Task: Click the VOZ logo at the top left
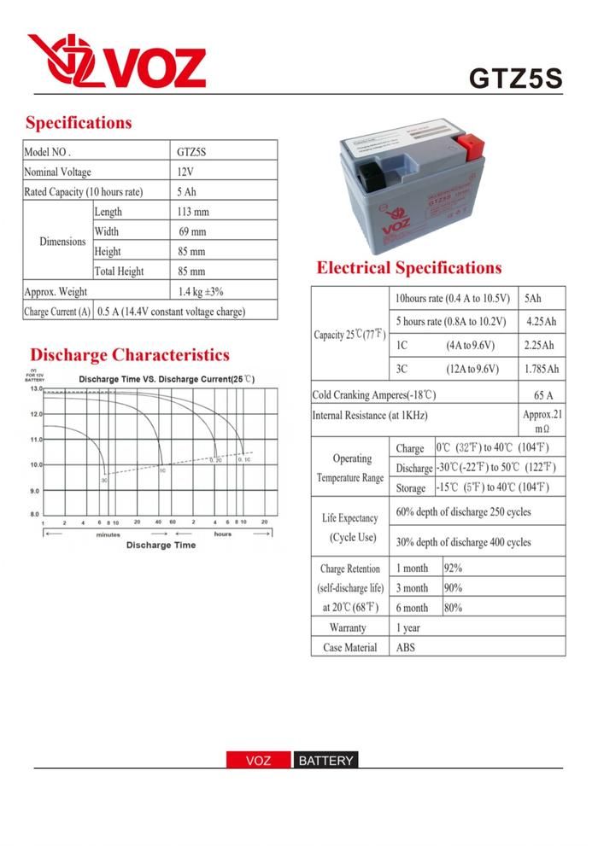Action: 116,61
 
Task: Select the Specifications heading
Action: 79,122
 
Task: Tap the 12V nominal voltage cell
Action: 185,172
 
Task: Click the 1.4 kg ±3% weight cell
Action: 201,291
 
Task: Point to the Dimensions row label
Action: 62,242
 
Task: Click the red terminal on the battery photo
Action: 471,142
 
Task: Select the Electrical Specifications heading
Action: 408,268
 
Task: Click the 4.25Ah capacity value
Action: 542,322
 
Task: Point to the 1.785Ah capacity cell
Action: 542,369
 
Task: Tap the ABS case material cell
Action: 406,648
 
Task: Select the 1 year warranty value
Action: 408,627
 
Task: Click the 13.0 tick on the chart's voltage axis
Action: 36,388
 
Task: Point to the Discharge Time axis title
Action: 161,545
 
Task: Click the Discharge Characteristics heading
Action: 129,354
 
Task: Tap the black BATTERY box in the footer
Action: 325,761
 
